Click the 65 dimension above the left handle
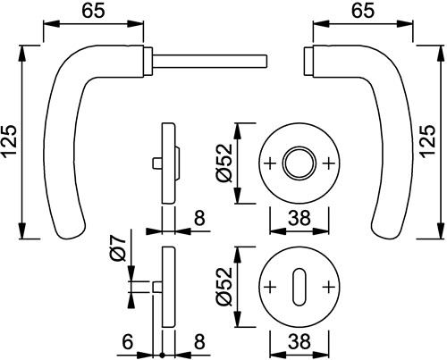93,11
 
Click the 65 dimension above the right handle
363,11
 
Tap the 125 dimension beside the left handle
9,141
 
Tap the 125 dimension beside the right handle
428,141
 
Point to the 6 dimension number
127,341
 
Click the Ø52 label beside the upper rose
224,163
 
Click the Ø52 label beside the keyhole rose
224,287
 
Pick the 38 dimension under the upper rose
299,218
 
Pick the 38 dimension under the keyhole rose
299,341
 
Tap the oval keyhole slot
299,287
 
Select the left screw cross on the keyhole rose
271,287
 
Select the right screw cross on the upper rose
329,163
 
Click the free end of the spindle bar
266,61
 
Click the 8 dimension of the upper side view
199,218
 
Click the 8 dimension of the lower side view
199,341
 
